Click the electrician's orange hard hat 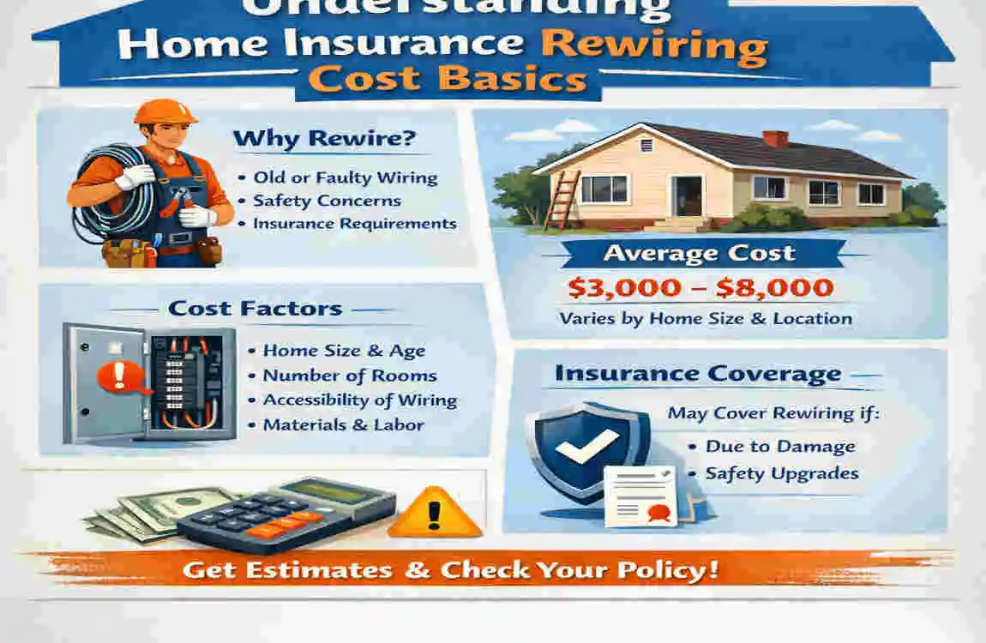coord(165,111)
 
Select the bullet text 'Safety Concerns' coord(327,201)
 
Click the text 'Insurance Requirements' coord(354,224)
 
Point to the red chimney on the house coord(775,139)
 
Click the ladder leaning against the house coord(562,199)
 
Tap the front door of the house coord(686,195)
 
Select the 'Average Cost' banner coord(700,254)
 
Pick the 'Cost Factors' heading coord(255,309)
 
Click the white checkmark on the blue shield coord(588,445)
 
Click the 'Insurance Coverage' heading coord(697,374)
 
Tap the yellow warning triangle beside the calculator coord(436,513)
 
